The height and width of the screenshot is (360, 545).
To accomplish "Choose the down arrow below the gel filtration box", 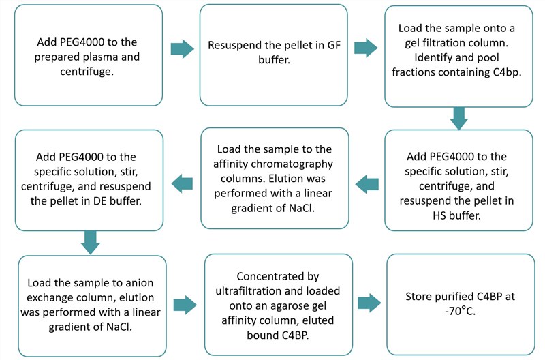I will click(460, 117).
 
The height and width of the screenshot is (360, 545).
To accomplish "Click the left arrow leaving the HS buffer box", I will click(367, 182).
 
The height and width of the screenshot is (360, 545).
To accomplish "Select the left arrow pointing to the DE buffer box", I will click(182, 182).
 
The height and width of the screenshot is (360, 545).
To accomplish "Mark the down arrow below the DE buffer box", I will click(89, 239).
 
